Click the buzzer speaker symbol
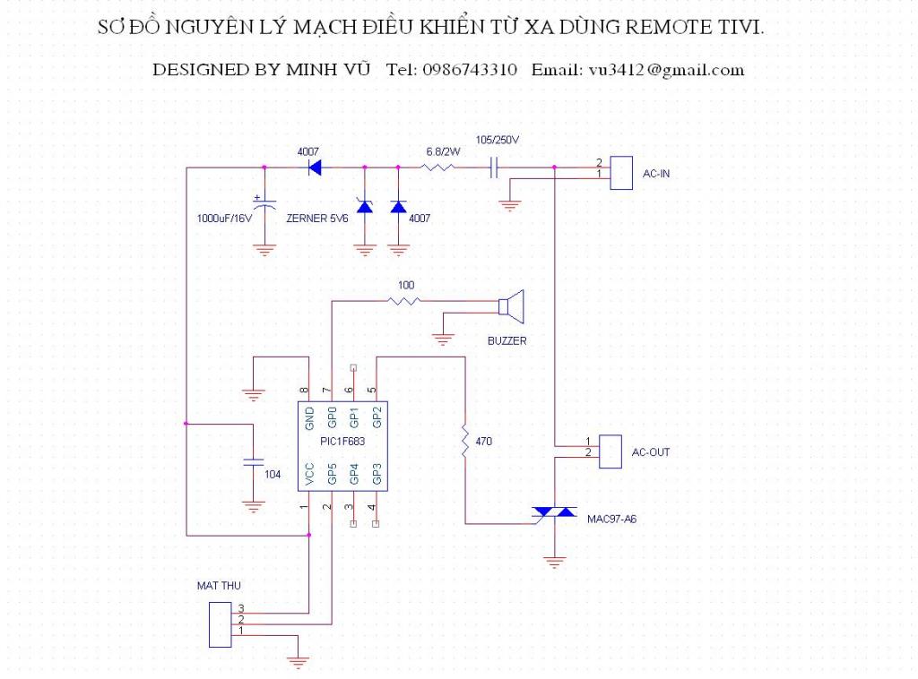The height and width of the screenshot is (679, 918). coord(511,306)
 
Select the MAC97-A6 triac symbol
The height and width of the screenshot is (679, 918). coord(554,513)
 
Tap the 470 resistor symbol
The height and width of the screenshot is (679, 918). coord(465,441)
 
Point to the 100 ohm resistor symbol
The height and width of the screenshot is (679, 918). coord(404,301)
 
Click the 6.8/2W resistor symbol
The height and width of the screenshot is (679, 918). coord(437,168)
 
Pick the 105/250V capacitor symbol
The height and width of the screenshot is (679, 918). coord(494,168)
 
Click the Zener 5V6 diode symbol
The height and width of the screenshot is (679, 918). coord(365,206)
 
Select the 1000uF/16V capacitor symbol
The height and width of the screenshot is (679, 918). coord(264,204)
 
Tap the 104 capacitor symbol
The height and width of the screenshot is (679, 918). coord(253,462)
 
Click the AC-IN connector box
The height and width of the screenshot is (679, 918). coord(621,173)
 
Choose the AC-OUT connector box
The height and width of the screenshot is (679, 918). coord(610,451)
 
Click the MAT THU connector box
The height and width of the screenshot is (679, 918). coord(221,625)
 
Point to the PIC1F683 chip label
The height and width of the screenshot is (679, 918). coord(342,441)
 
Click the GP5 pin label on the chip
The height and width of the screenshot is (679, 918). coord(332,474)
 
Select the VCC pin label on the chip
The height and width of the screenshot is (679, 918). coord(309,474)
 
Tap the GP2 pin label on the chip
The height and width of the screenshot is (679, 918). coord(377,417)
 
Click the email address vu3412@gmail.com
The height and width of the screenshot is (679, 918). coord(666,70)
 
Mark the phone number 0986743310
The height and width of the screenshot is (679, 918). coord(470,70)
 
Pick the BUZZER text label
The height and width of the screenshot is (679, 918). coord(507,341)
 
